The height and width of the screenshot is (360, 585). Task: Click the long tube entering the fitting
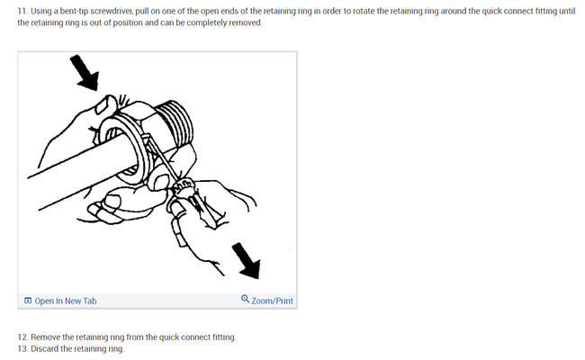click(x=63, y=167)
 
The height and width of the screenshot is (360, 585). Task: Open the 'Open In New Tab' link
click(x=66, y=301)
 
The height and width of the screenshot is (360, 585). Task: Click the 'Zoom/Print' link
click(x=272, y=301)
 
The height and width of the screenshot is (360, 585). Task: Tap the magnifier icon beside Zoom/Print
click(x=245, y=300)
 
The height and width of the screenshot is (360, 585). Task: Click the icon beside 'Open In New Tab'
click(x=28, y=301)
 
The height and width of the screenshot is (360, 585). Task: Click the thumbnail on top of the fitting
click(x=112, y=101)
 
